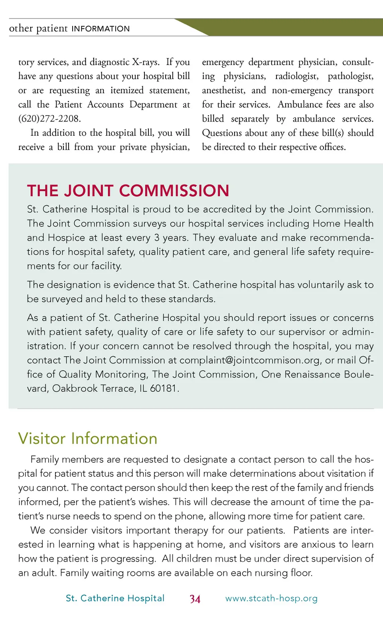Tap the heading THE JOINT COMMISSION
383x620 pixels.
coord(128,191)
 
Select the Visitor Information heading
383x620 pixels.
coord(88,438)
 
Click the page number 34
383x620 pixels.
coord(195,599)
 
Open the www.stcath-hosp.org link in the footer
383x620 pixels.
coord(271,598)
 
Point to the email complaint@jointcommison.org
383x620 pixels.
coord(249,360)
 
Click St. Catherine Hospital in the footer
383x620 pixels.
coord(115,598)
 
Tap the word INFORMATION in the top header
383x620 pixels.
coord(101,29)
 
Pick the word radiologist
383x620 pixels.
coord(296,76)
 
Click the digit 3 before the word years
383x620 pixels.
coord(157,238)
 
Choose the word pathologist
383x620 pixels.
coord(350,76)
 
